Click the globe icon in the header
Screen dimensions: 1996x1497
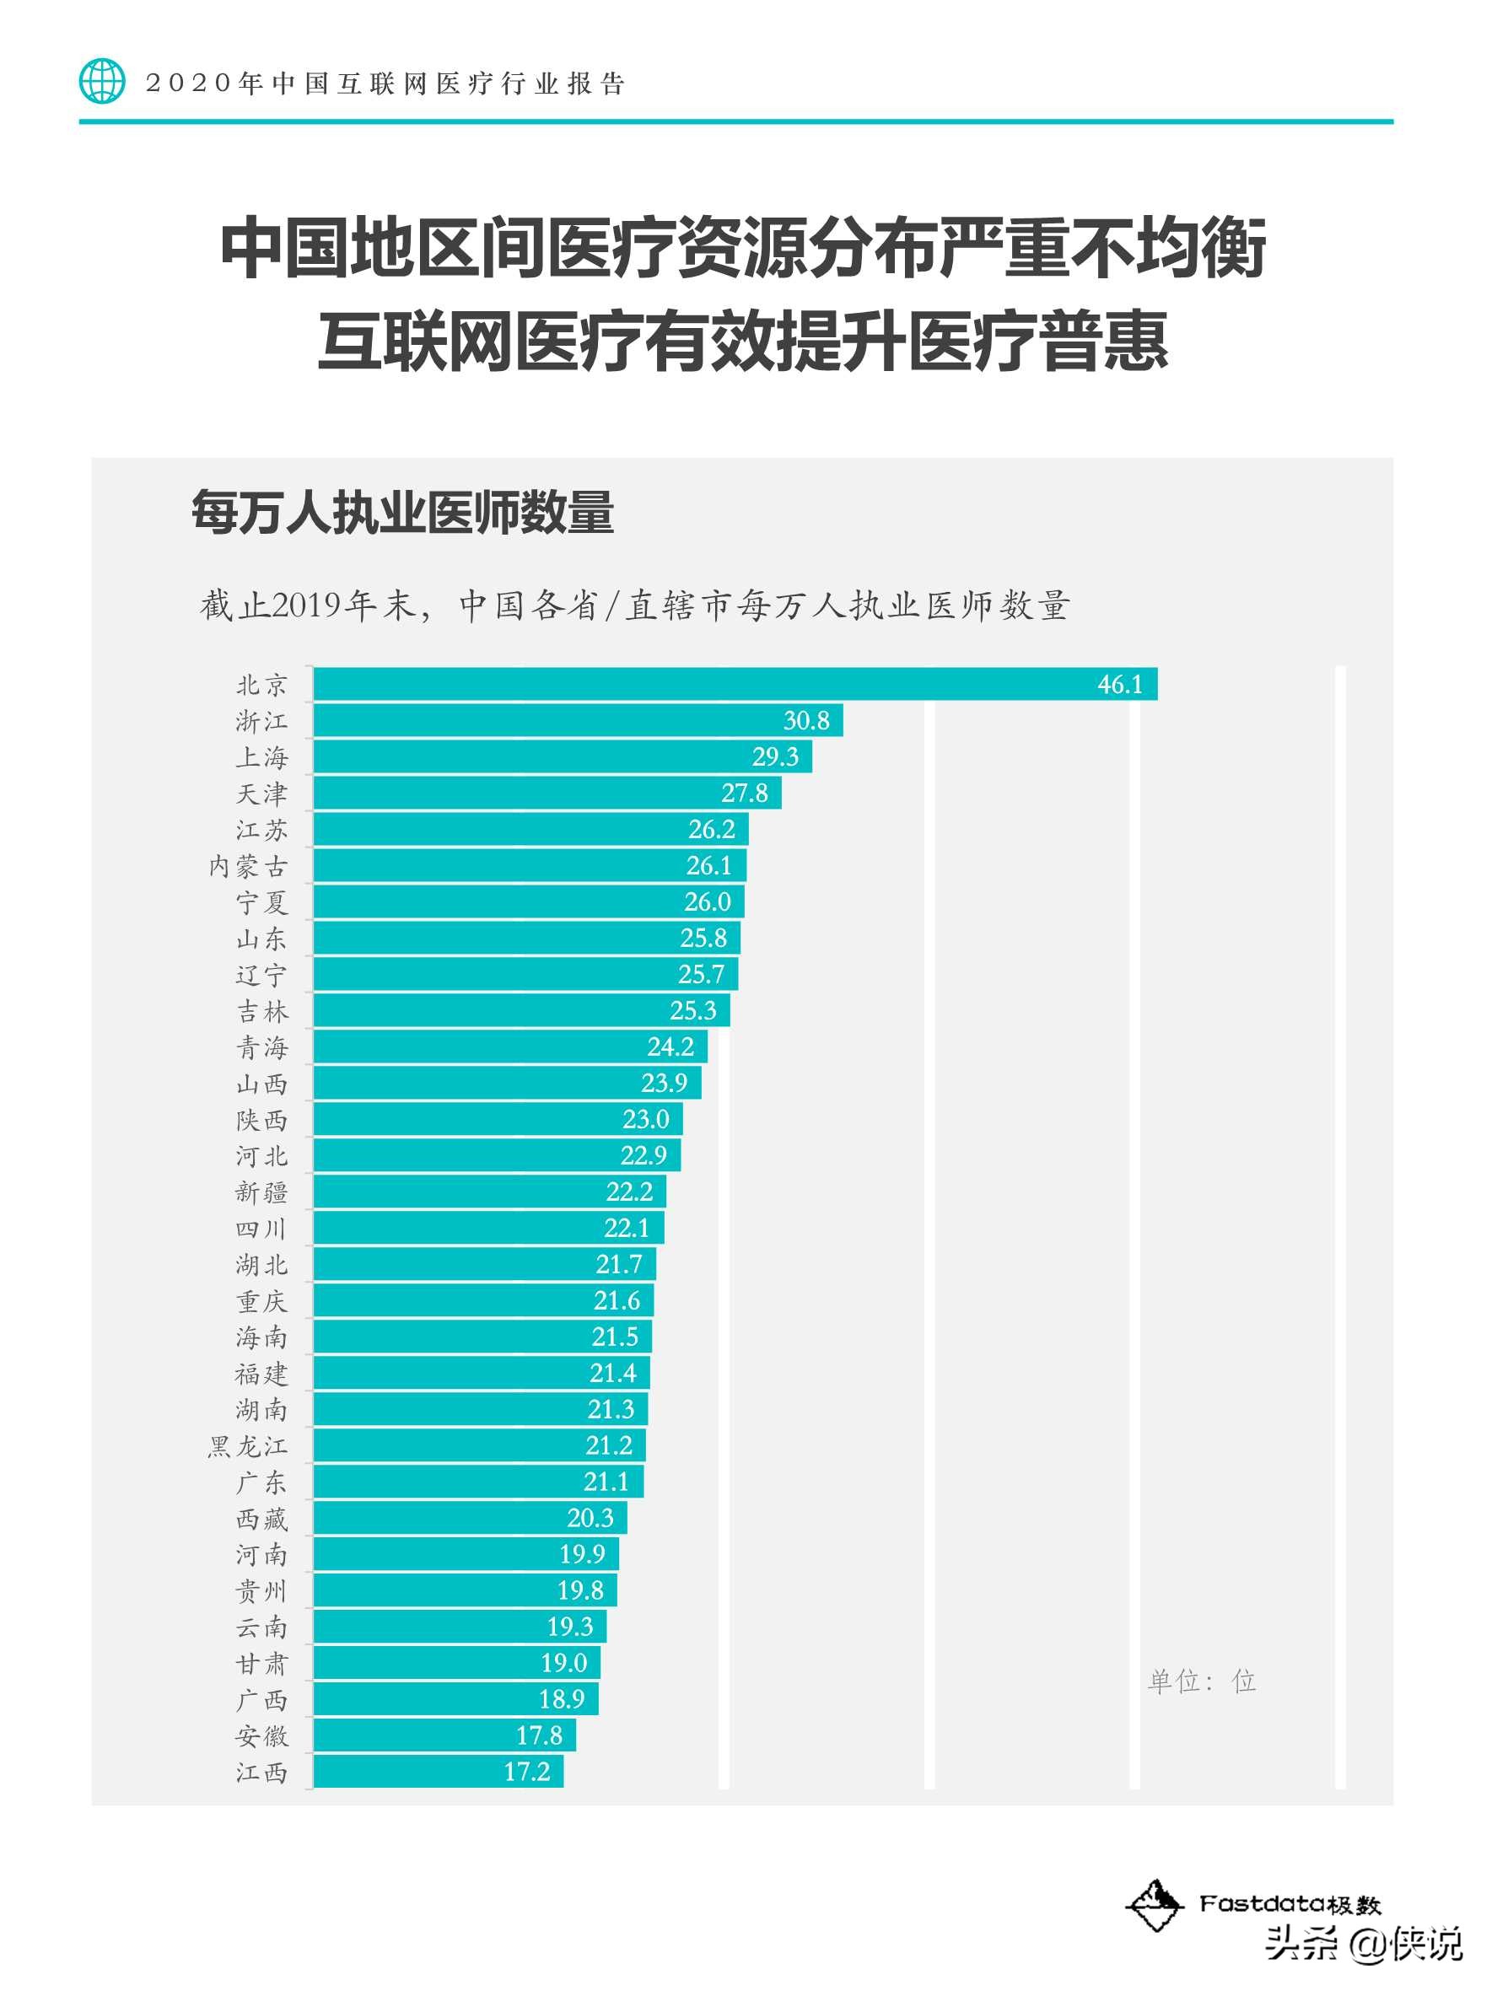[x=102, y=81]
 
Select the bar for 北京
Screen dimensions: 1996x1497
[x=735, y=684]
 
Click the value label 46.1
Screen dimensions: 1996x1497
[x=1119, y=684]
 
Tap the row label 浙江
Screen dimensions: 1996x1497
[x=261, y=721]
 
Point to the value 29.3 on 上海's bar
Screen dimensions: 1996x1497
[x=774, y=756]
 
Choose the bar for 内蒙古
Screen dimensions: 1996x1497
[x=529, y=865]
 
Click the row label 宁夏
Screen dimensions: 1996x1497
[x=261, y=902]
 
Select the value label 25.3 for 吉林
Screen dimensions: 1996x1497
[x=692, y=1010]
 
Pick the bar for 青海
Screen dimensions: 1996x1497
[x=510, y=1046]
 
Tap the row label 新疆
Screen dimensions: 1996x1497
[x=261, y=1192]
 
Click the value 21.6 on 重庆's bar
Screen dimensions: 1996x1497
[x=617, y=1300]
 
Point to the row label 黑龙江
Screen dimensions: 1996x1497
[x=247, y=1445]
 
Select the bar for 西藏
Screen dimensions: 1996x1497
[x=469, y=1518]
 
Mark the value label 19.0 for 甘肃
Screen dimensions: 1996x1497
[x=563, y=1662]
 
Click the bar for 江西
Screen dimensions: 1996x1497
[x=438, y=1772]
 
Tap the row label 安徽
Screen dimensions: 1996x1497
[x=261, y=1735]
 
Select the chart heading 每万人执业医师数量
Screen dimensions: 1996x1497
[x=402, y=513]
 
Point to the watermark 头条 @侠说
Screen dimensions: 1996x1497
[x=1363, y=1960]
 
